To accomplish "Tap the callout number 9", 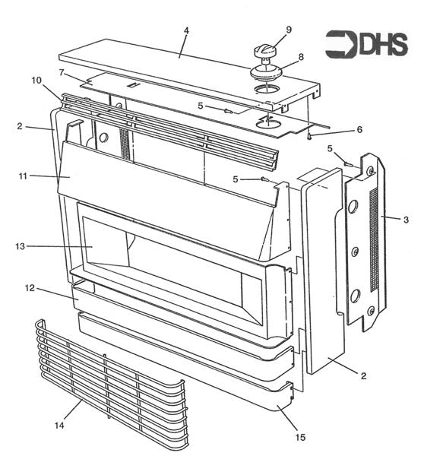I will [289, 30].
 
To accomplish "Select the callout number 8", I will [300, 56].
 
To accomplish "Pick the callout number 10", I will [36, 81].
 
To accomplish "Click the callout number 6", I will [338, 130].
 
